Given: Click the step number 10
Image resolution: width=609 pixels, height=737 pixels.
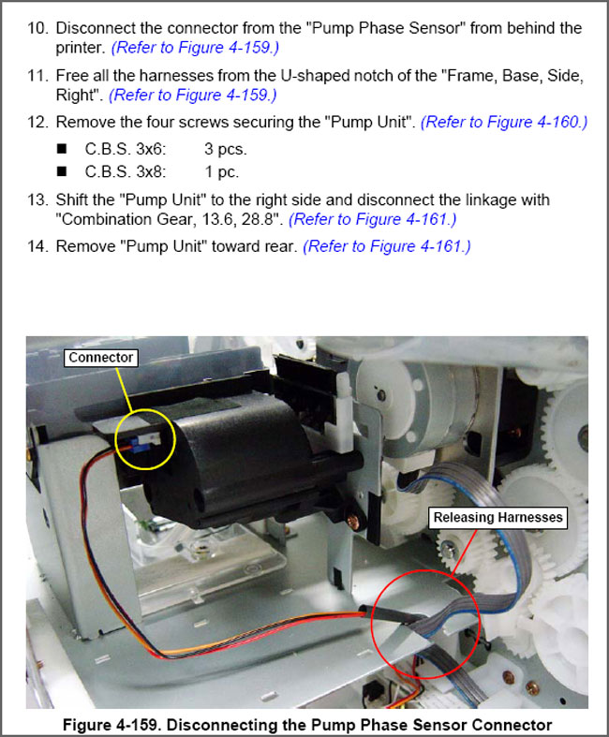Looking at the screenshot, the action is pos(37,28).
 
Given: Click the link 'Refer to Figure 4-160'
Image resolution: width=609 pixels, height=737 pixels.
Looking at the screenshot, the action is pos(504,122).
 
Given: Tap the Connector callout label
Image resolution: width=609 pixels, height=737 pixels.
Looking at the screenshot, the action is pos(100,358).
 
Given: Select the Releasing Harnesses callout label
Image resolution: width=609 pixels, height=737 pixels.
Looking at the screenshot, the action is pos(498,518).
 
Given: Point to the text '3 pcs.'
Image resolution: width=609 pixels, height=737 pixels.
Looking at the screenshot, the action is pos(225,149).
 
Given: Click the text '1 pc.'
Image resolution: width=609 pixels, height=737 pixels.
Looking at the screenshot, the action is pos(221,172).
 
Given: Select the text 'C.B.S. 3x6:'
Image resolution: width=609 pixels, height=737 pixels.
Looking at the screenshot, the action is pos(126,149).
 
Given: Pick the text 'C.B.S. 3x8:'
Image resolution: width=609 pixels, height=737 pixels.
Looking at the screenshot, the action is pos(126,171).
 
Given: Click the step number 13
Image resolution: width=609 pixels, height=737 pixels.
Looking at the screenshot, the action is pos(37,199).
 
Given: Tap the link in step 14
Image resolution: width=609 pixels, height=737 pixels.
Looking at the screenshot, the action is pos(387,246).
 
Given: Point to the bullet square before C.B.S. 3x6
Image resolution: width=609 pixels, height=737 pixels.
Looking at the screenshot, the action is pos(62,149).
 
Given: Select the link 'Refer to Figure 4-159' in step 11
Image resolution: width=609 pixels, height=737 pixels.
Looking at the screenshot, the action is pos(193,95).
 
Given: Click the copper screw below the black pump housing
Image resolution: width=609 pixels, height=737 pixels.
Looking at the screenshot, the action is pos(351,521).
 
